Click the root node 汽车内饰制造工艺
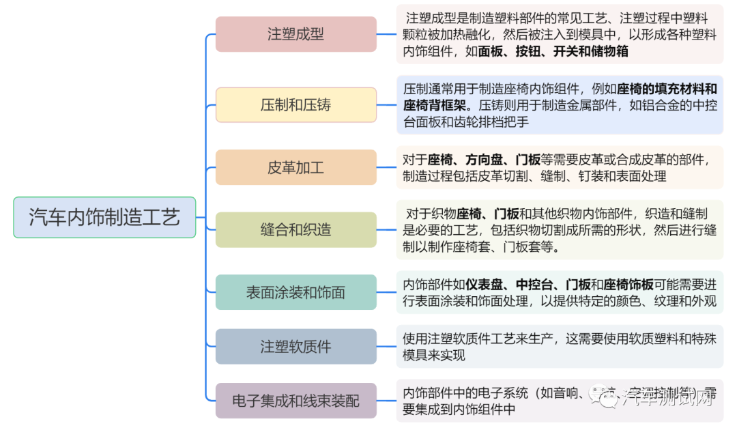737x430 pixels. click(x=104, y=217)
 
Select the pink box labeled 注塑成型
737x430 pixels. click(x=295, y=34)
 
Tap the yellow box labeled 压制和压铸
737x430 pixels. click(x=295, y=105)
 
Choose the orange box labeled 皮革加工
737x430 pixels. click(x=295, y=167)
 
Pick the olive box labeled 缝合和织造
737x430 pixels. click(x=295, y=230)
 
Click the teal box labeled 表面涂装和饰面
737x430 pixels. click(x=295, y=292)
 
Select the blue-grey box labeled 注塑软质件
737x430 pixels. click(x=295, y=347)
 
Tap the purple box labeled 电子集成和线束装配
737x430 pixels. click(x=295, y=401)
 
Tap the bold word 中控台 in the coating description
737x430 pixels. click(x=536, y=285)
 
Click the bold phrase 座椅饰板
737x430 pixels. click(x=629, y=285)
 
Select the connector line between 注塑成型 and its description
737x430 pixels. click(x=386, y=34)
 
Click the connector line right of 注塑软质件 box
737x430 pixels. click(x=386, y=347)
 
